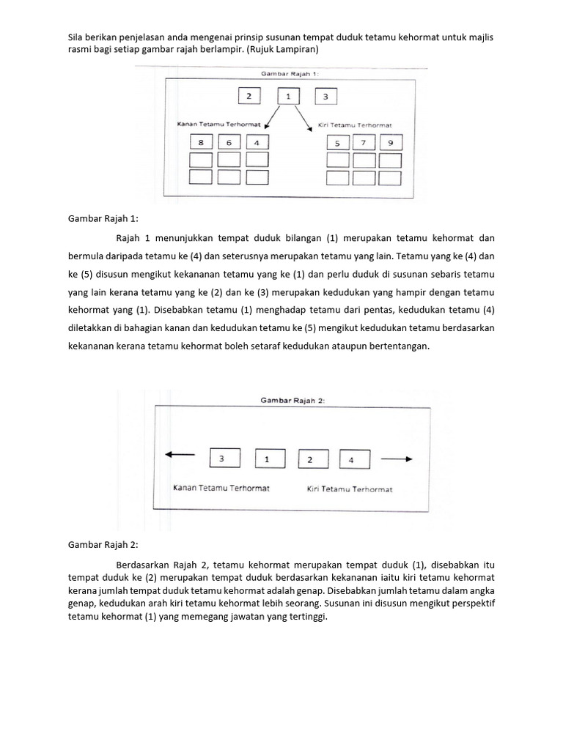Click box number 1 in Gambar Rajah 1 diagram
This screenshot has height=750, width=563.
point(288,96)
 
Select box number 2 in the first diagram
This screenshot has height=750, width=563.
point(249,96)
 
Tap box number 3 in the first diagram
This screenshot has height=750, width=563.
point(325,96)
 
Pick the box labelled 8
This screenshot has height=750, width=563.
point(201,142)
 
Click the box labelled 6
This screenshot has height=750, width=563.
point(229,142)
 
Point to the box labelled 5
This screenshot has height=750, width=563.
point(337,142)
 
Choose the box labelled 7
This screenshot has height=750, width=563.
point(364,142)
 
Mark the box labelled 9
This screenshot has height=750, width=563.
point(391,142)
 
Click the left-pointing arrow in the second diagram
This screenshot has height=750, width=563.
point(180,455)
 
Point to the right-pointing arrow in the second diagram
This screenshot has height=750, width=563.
point(397,459)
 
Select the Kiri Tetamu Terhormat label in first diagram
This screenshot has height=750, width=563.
point(355,125)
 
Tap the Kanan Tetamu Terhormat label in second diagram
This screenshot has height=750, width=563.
point(221,489)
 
